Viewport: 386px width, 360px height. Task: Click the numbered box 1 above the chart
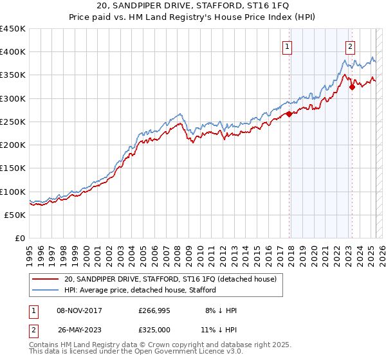(287, 46)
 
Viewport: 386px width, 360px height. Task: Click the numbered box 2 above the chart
(350, 46)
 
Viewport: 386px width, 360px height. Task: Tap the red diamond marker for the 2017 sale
(289, 114)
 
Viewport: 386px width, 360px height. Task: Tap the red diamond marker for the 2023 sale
(352, 87)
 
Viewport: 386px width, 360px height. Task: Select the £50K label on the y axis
(15, 215)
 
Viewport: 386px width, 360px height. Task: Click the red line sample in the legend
(46, 279)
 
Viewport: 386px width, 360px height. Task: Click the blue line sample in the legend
(46, 290)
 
